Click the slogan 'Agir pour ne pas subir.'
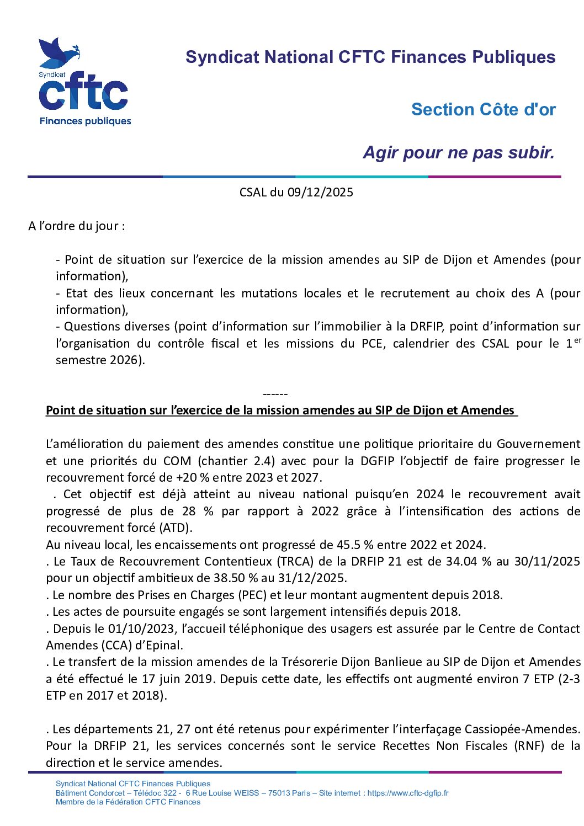459,153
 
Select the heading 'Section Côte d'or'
483,110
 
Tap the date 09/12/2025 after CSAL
320,193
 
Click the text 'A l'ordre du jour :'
76,226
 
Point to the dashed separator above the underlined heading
275,395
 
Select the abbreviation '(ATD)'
176,528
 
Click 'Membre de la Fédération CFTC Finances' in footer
128,802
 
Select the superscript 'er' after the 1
577,340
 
